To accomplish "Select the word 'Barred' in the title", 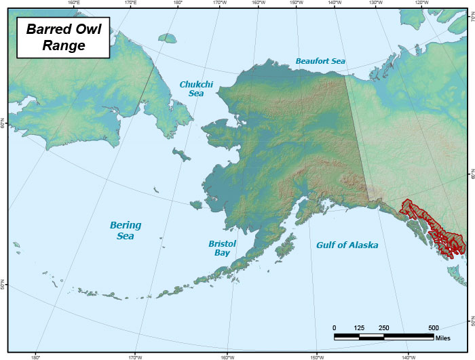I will pos(48,30).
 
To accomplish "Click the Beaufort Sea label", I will pos(320,61).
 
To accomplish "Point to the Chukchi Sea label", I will pos(193,89).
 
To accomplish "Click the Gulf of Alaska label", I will pos(347,245).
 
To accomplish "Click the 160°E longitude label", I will pos(74,3).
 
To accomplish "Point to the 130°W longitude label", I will pos(375,3).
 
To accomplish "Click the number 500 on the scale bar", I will pos(434,327).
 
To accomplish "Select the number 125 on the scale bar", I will pos(359,327).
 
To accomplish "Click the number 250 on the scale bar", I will pos(384,327).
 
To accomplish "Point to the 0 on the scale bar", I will pos(335,327).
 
